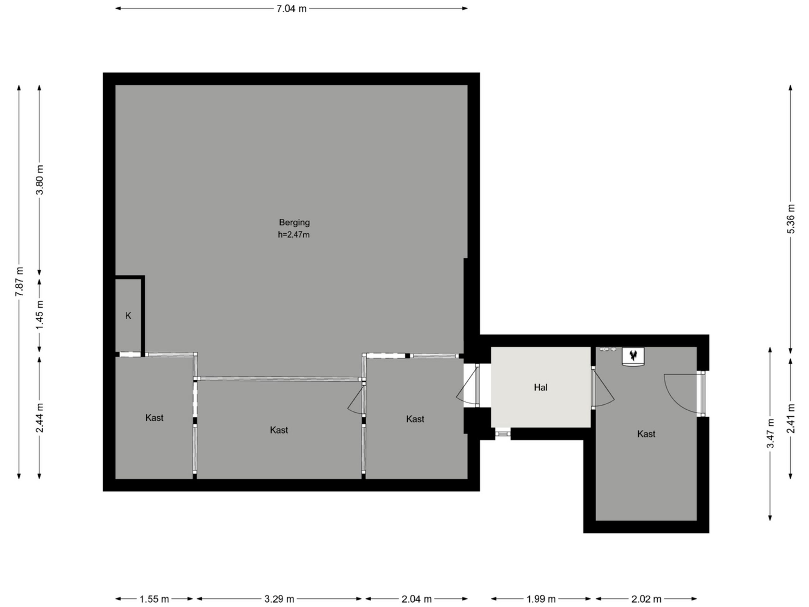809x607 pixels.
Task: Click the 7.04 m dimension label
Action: click(291, 9)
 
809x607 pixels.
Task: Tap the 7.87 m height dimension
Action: click(19, 282)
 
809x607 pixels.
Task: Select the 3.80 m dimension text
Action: click(40, 180)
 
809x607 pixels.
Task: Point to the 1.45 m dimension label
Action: click(40, 315)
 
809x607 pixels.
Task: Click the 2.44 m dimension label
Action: click(40, 418)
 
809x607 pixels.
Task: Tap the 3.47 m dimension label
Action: click(770, 433)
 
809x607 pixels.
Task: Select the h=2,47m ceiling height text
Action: click(294, 235)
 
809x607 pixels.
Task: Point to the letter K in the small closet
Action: click(128, 316)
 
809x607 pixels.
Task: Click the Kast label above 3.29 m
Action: click(279, 430)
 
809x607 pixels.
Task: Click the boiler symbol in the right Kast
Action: click(633, 356)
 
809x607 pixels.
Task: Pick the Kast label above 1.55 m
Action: click(154, 418)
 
